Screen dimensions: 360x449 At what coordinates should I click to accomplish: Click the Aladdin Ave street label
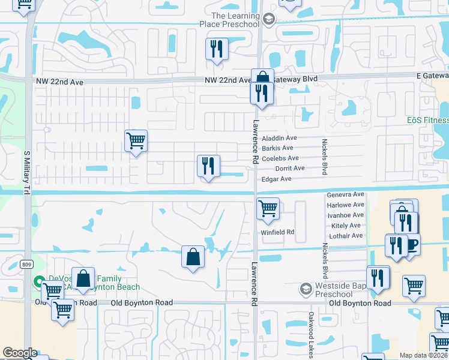coord(279,138)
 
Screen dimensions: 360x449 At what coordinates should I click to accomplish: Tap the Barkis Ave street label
coord(277,148)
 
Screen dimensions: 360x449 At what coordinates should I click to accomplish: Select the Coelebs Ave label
coord(280,158)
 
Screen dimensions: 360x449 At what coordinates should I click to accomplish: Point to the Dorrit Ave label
coord(290,169)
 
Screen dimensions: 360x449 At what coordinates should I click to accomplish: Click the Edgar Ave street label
coord(276,179)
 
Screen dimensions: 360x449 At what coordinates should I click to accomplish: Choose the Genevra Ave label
coord(346,195)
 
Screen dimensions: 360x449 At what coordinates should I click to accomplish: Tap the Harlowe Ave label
coord(346,205)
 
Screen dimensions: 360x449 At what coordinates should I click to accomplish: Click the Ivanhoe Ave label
coord(346,215)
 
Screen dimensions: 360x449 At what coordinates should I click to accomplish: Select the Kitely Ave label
coord(346,226)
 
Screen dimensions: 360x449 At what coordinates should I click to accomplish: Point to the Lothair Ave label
coord(346,236)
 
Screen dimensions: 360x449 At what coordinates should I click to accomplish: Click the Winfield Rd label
coord(277,232)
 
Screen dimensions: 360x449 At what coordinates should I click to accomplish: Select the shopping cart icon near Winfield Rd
coord(268,209)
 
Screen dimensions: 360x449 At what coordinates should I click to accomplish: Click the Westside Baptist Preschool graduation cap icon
coord(306,290)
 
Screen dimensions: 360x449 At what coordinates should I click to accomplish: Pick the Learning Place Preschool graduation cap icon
coord(268,19)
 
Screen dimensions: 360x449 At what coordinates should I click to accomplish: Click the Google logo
coord(20,353)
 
